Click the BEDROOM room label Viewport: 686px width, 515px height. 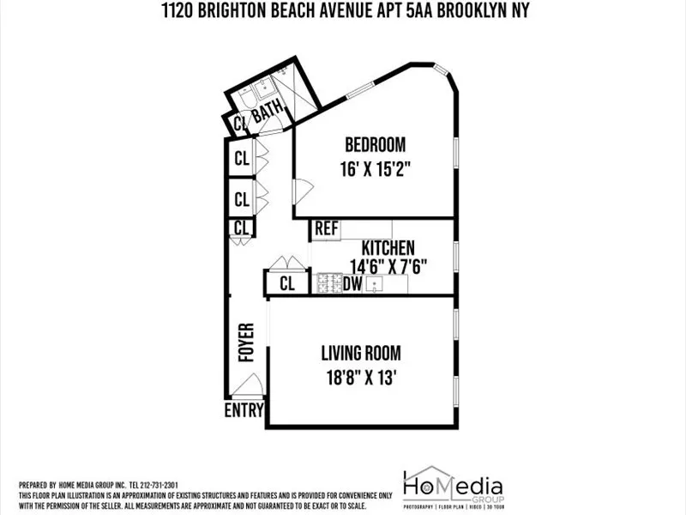[375, 144]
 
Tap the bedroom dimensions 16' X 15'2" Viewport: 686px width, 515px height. [375, 169]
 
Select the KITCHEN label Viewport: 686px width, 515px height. [388, 247]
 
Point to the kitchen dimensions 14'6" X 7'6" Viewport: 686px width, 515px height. [388, 266]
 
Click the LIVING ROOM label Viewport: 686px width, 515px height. [360, 353]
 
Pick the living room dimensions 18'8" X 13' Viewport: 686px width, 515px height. [360, 378]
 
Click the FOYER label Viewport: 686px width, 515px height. [247, 342]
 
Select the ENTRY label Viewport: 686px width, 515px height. [244, 410]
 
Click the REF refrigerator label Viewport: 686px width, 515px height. [325, 228]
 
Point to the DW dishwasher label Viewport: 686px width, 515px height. [352, 283]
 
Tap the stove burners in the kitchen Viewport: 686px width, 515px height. [328, 283]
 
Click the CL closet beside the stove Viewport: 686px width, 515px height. [286, 284]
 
